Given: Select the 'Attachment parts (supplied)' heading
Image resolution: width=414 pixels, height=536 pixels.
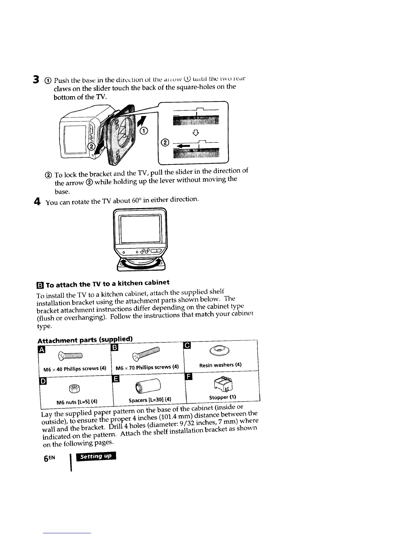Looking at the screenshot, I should (85, 340).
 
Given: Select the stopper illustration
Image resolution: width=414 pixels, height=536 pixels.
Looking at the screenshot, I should (221, 383).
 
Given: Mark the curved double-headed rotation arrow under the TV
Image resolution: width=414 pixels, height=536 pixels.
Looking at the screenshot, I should (141, 263).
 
